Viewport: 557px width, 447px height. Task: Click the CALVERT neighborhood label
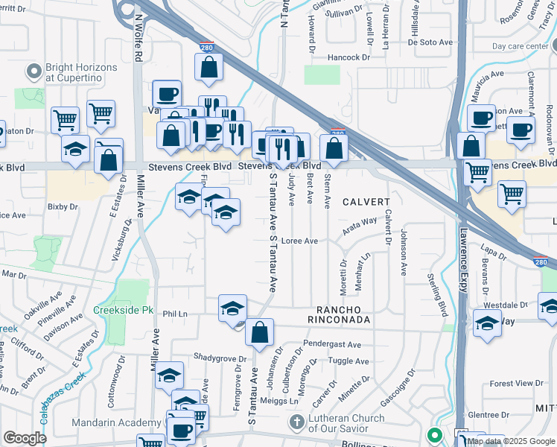click(366, 202)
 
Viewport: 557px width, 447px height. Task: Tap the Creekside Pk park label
click(118, 309)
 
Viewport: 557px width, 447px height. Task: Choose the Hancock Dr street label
click(347, 57)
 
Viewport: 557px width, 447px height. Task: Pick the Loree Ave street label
click(300, 241)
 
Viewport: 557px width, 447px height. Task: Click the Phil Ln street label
click(175, 314)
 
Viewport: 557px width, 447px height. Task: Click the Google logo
click(25, 438)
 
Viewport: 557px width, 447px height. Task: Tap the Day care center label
click(520, 45)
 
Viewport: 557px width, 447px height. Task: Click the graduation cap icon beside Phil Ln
click(232, 308)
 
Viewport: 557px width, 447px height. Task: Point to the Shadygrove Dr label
click(220, 358)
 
